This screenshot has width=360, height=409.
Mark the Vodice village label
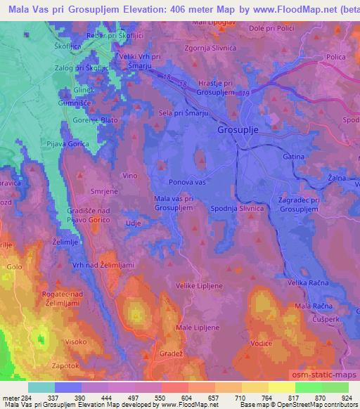click(262, 344)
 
